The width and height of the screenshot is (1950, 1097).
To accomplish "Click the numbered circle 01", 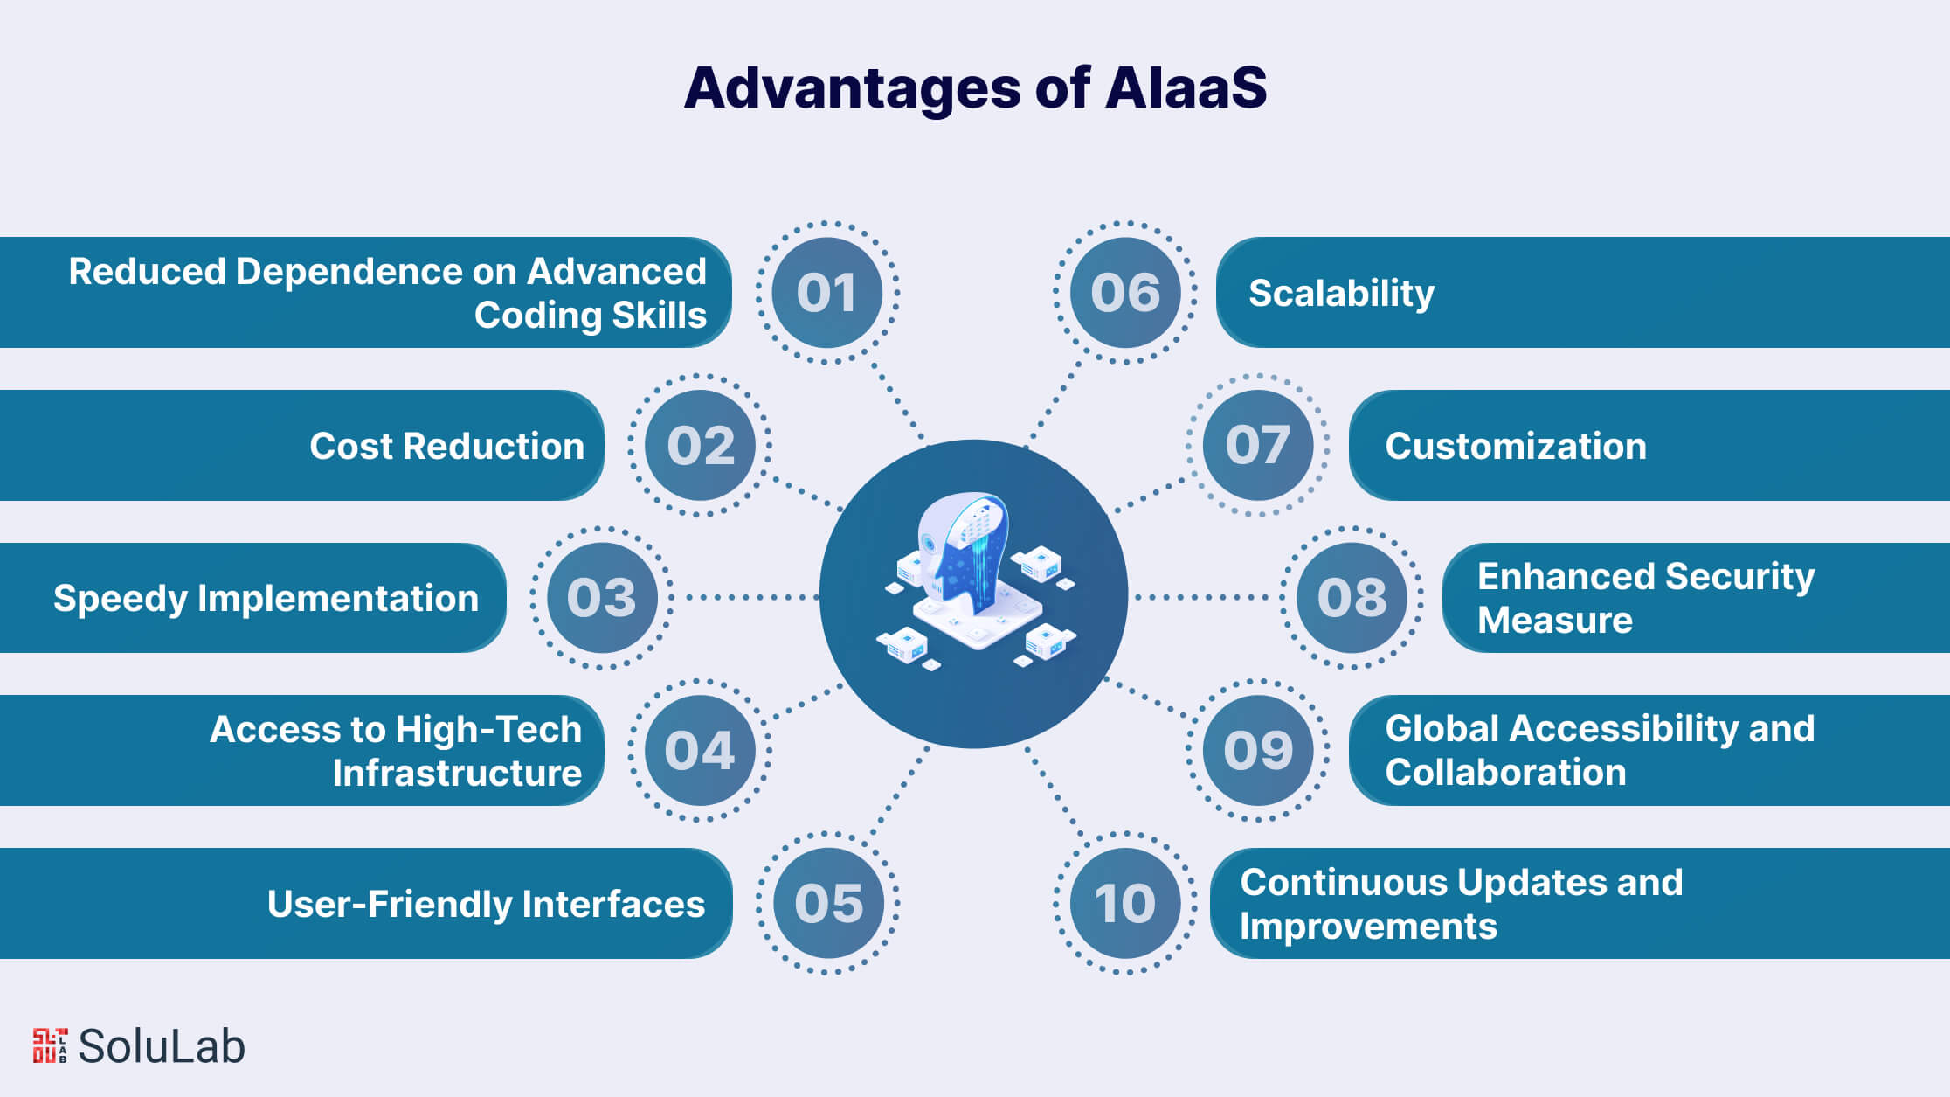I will coord(826,292).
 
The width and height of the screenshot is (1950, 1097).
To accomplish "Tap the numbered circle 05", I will coord(828,903).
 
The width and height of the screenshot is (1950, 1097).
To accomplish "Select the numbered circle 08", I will coord(1352,598).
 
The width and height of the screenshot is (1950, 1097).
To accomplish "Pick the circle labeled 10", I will coord(1125,903).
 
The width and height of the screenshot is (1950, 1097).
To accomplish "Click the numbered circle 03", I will coord(602,598).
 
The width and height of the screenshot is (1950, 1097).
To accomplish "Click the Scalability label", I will coord(1341,293).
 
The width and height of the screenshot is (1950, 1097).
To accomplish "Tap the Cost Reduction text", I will coord(446,446).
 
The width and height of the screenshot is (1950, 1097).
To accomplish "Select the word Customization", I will coord(1516,446).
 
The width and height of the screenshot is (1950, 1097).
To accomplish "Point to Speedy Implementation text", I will coord(266,599).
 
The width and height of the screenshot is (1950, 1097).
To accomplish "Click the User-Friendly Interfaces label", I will coord(486,904).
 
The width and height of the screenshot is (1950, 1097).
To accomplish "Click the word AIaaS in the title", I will coord(1186,87).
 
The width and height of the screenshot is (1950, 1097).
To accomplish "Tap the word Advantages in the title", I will coord(852,89).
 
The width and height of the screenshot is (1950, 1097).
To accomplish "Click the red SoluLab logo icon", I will coord(50,1045).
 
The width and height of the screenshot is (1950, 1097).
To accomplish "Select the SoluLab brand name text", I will coord(162,1046).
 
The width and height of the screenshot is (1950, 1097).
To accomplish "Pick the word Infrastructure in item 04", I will coord(457,773).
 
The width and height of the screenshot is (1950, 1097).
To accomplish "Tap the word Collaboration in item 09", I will coord(1505,772).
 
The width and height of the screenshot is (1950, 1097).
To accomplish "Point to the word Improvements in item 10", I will coord(1368,926).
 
